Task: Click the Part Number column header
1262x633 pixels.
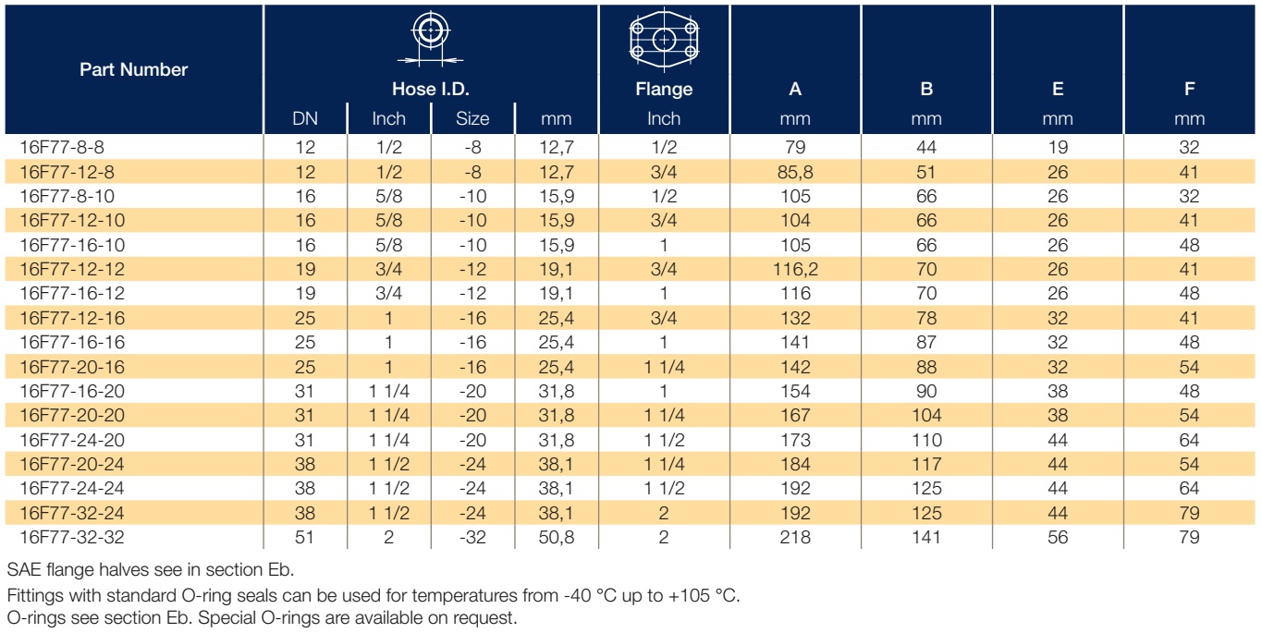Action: pos(133,69)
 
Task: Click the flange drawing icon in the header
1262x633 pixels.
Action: pos(664,40)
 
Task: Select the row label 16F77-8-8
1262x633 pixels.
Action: pos(62,147)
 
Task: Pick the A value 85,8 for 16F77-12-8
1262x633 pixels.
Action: pos(795,172)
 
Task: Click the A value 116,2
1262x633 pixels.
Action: pos(795,269)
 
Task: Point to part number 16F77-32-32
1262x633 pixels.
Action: pos(72,537)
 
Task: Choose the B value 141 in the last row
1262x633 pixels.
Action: pos(926,537)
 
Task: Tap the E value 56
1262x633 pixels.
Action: pos(1058,537)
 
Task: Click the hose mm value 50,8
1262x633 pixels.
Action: pos(556,537)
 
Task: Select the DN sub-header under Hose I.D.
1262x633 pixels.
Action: pos(305,118)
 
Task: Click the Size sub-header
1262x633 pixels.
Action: pos(472,118)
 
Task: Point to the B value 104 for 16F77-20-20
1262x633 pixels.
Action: pos(926,415)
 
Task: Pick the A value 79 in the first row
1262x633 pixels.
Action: pos(795,147)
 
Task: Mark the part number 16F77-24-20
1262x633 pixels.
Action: pos(72,440)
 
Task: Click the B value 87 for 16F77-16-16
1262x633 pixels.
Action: pos(926,342)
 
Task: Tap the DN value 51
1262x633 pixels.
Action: pos(304,537)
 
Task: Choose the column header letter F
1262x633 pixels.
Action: pos(1189,89)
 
